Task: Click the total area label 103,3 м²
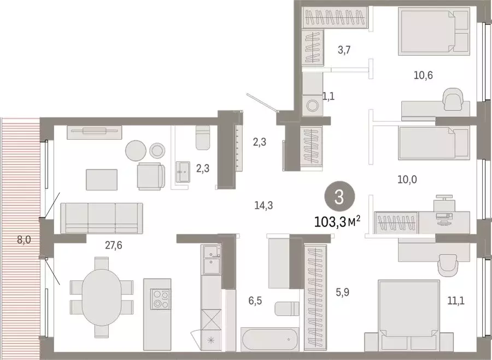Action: coord(337,222)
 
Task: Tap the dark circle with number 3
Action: coord(338,197)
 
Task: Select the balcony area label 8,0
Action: coord(25,239)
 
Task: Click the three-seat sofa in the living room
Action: coord(102,217)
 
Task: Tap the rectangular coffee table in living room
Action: coord(102,179)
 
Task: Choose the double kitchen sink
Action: coord(210,259)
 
